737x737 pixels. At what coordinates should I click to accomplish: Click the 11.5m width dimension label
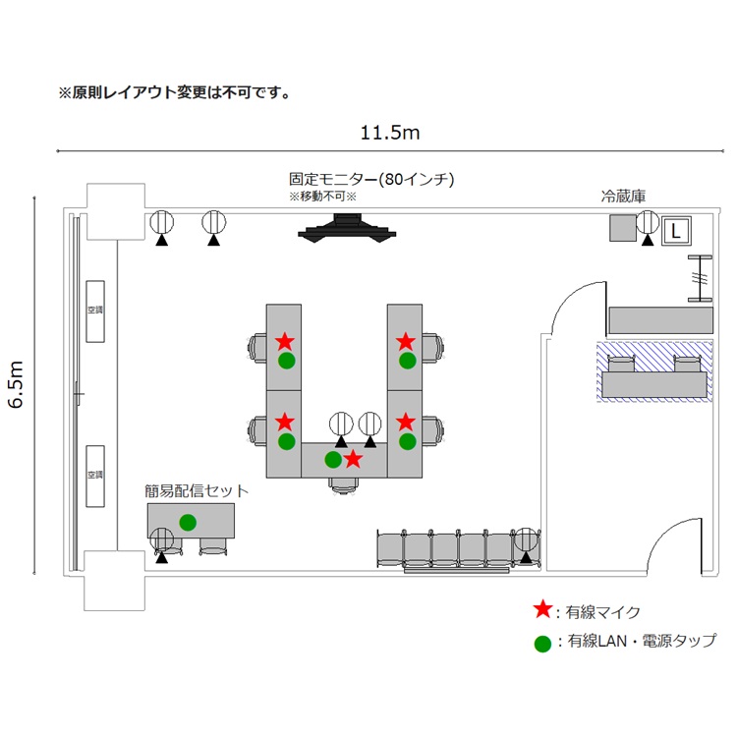[x=391, y=133]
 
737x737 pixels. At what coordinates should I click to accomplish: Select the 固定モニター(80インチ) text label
[x=370, y=180]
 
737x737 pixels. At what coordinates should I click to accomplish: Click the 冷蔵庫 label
[x=623, y=197]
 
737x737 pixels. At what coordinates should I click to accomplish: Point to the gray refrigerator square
[x=621, y=228]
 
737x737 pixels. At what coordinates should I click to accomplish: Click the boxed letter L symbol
[x=675, y=231]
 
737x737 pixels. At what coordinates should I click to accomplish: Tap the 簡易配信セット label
[x=197, y=490]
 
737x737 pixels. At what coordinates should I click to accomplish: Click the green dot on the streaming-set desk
[x=188, y=521]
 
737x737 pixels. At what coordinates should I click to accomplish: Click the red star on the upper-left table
[x=285, y=342]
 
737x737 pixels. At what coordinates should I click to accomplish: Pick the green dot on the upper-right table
[x=407, y=361]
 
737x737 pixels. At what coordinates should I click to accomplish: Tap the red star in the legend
[x=541, y=610]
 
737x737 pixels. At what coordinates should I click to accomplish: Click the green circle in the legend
[x=541, y=644]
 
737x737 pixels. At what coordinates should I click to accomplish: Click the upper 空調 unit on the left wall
[x=95, y=312]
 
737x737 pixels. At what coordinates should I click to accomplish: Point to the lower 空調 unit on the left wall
[x=95, y=476]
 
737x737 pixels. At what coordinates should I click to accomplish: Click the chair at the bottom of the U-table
[x=343, y=482]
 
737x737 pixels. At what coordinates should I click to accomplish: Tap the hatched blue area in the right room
[x=653, y=371]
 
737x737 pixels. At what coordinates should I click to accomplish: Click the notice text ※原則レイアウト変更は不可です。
[x=174, y=93]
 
